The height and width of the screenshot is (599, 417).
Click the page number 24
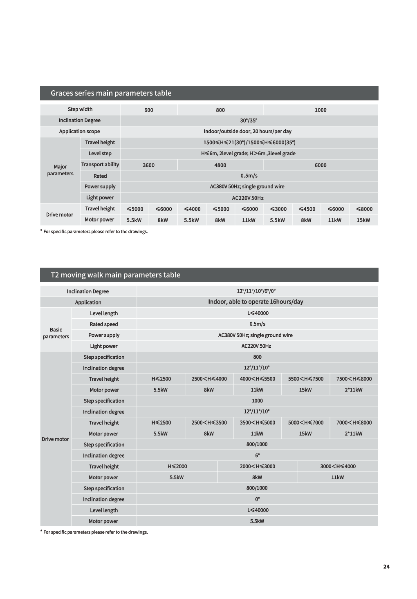(x=386, y=566)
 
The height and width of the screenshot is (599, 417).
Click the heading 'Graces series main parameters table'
(x=111, y=93)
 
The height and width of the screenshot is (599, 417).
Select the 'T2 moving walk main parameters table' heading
(x=115, y=275)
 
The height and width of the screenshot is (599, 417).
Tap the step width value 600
(x=149, y=110)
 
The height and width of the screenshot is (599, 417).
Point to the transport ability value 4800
(x=220, y=165)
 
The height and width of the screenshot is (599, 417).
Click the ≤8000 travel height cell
(x=363, y=209)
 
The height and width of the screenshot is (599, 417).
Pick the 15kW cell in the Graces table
(x=363, y=220)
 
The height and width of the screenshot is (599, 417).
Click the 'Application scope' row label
(x=79, y=131)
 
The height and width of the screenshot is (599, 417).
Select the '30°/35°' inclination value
(x=249, y=121)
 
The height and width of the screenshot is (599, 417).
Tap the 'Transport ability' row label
(x=100, y=164)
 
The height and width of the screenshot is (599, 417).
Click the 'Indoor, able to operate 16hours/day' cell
(x=256, y=302)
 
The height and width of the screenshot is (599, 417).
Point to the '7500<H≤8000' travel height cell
(x=354, y=379)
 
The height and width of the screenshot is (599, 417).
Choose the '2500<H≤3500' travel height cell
(x=209, y=422)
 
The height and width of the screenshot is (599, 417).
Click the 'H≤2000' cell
(x=177, y=466)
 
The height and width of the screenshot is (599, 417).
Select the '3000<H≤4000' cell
(x=338, y=466)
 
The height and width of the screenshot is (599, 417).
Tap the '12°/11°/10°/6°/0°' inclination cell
(x=256, y=291)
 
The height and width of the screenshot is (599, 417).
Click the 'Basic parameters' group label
(x=56, y=333)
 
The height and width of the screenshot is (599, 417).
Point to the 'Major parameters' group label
(x=60, y=170)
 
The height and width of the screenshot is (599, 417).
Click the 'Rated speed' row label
(x=104, y=324)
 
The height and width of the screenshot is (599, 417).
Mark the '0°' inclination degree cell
(x=257, y=499)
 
